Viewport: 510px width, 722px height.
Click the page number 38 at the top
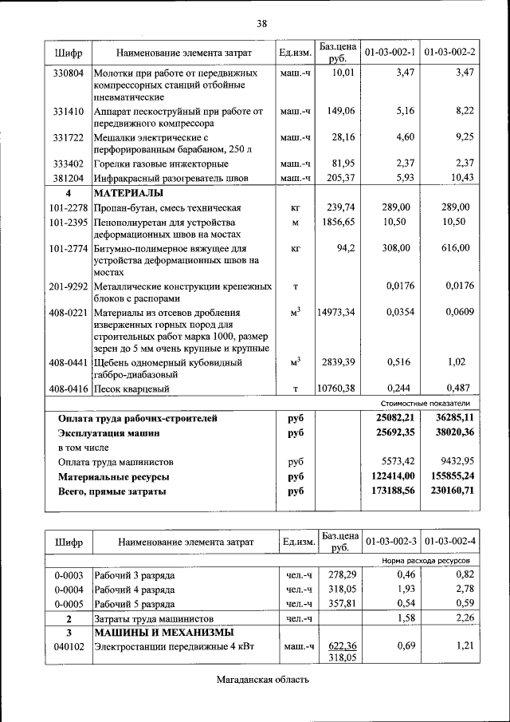pyautogui.click(x=261, y=22)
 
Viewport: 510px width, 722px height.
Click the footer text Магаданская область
pyautogui.click(x=261, y=680)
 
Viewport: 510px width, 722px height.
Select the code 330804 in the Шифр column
pyautogui.click(x=69, y=73)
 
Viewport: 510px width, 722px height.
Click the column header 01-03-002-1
pyautogui.click(x=390, y=53)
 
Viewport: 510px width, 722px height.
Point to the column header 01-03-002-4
pyautogui.click(x=450, y=542)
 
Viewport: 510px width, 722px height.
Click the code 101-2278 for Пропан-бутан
pyautogui.click(x=69, y=207)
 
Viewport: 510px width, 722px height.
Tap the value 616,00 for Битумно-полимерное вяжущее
pyautogui.click(x=456, y=248)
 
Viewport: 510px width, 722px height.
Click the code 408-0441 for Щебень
pyautogui.click(x=69, y=362)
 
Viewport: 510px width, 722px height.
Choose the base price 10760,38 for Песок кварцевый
pyautogui.click(x=335, y=389)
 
